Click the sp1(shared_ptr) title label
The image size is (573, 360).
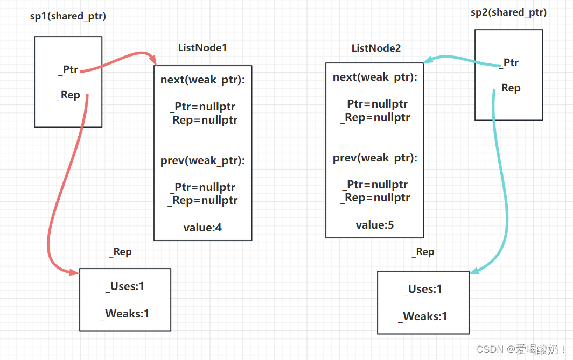coord(68,16)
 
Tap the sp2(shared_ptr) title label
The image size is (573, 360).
coord(508,12)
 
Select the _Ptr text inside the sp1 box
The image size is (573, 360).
coord(68,69)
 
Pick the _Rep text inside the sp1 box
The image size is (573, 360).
coord(68,95)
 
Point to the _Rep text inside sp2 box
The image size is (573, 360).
coord(508,88)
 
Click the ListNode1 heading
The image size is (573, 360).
coord(202,47)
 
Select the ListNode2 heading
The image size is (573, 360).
coord(376,48)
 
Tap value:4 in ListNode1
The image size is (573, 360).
coord(202,228)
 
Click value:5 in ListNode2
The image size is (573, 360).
coord(374,225)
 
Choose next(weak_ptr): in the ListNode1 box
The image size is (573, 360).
coord(202,80)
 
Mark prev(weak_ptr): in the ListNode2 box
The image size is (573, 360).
coord(375,158)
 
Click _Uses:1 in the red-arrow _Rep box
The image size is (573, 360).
coord(125,286)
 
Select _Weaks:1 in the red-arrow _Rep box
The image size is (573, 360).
coord(125,313)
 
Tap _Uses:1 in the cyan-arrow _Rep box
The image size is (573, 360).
coord(423,289)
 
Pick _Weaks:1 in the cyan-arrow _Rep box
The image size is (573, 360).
coord(423,316)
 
